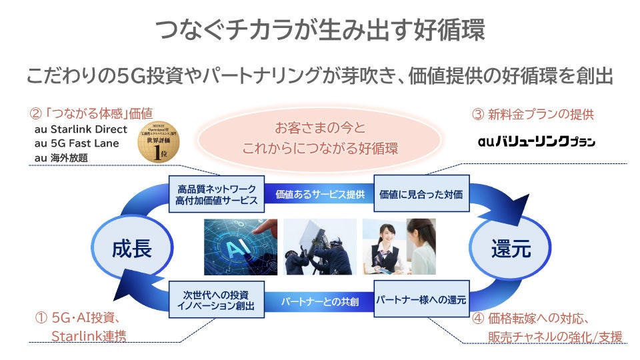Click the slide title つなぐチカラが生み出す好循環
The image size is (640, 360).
[320, 31]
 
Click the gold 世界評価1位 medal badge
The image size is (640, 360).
[155, 141]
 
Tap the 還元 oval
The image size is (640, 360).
[511, 249]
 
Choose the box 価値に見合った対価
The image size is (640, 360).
[421, 194]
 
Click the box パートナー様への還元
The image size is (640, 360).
[421, 301]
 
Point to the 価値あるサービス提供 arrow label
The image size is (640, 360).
[320, 195]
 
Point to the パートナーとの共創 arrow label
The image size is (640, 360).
[320, 301]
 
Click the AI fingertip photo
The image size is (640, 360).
[240, 247]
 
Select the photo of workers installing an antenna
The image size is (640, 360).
[319, 247]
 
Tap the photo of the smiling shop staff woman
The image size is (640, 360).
[399, 247]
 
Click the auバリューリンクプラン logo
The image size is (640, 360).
[537, 141]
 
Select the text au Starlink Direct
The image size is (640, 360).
[80, 129]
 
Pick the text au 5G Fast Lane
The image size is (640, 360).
[76, 143]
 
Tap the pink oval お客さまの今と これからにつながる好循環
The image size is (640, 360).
[320, 137]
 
